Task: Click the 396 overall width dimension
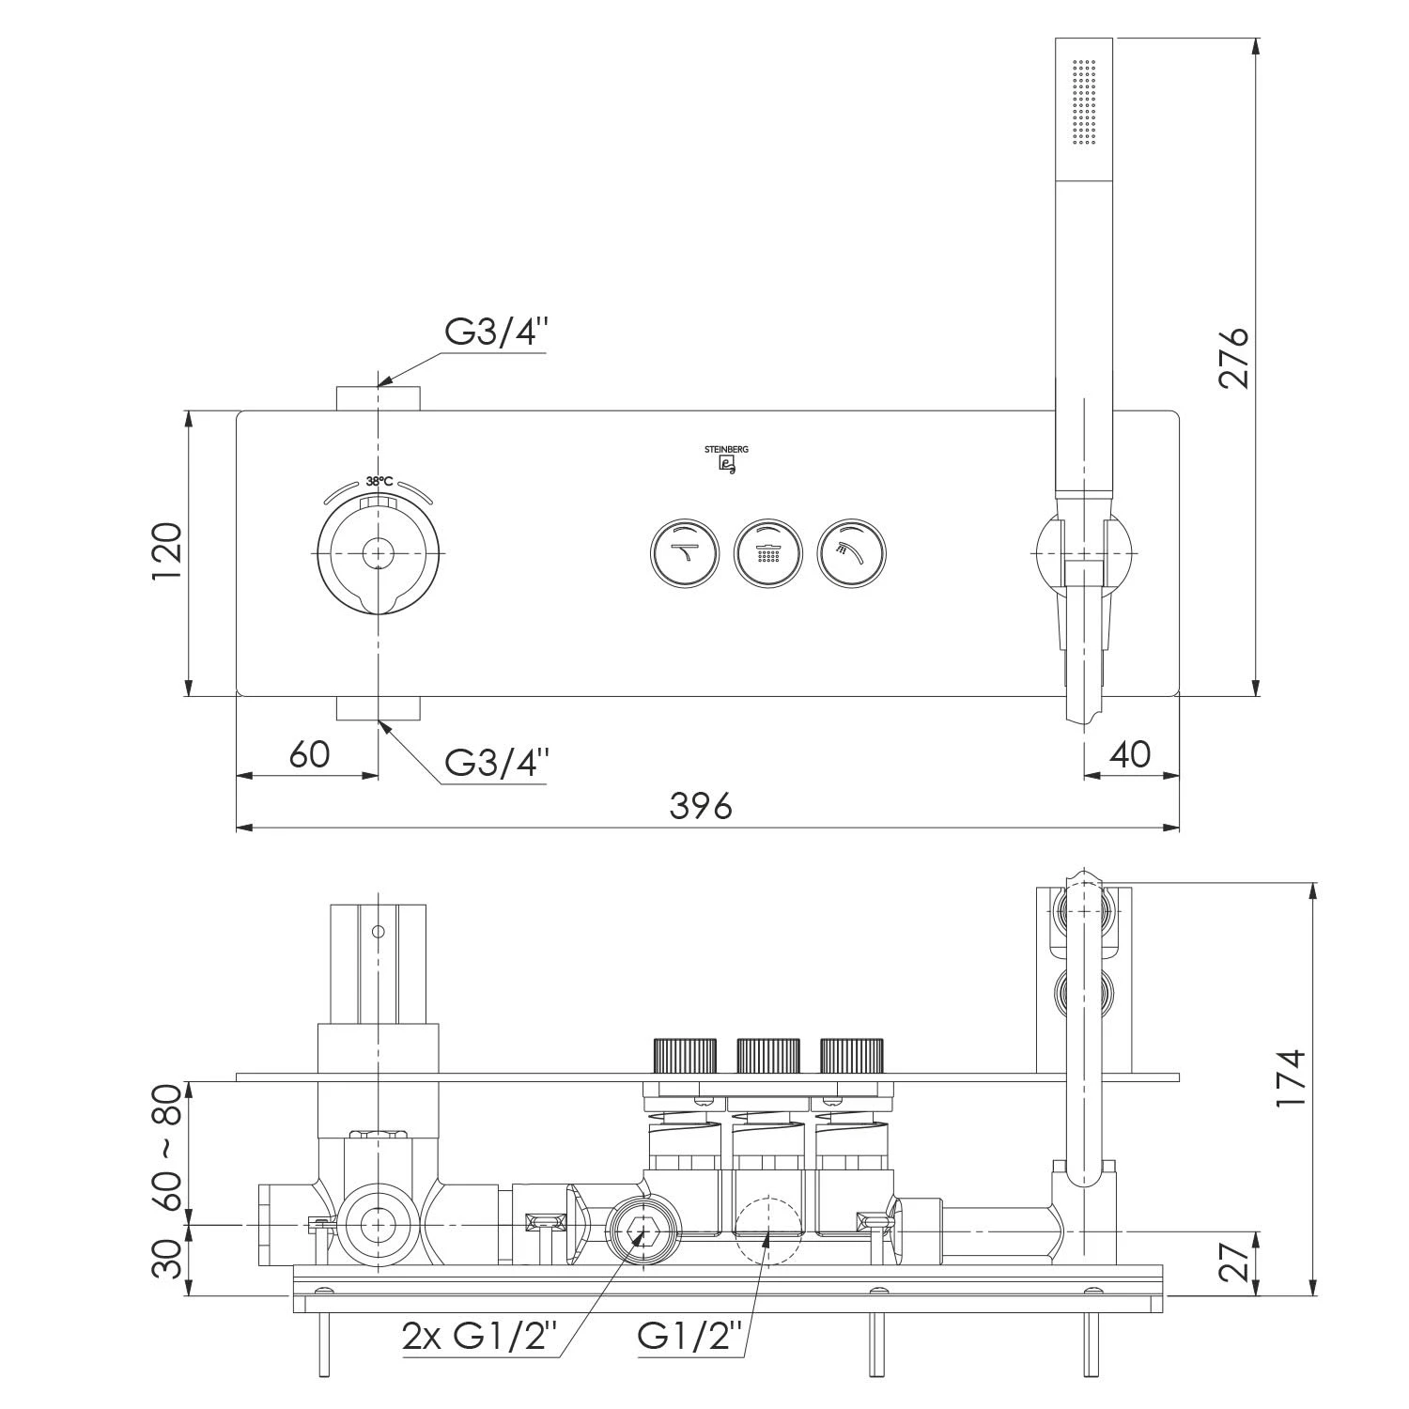[x=700, y=805]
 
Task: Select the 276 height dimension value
[x=1233, y=357]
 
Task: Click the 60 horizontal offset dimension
[x=309, y=753]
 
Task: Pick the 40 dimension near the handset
[x=1130, y=753]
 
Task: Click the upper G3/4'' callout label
[x=496, y=332]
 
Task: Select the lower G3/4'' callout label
[x=496, y=762]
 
